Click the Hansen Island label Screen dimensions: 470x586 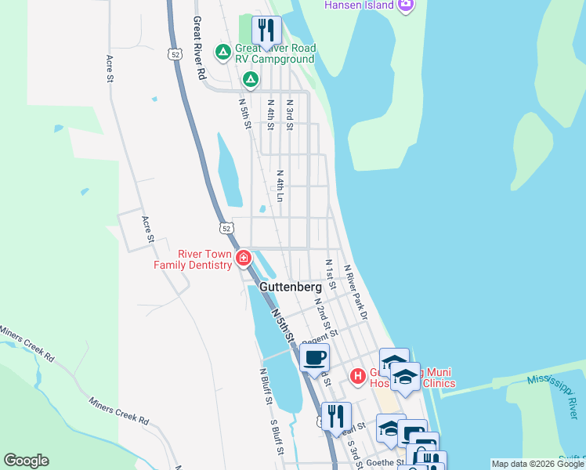click(x=359, y=5)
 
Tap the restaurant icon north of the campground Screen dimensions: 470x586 click(x=266, y=31)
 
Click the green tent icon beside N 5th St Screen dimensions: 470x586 click(x=250, y=78)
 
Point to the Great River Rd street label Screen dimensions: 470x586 click(x=199, y=49)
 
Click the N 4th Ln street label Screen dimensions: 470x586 click(x=280, y=186)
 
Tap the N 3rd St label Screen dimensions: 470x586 click(x=289, y=114)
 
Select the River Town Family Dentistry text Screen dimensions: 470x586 click(x=194, y=259)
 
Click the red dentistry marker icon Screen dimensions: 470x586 click(x=244, y=258)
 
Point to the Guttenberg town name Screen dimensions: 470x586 click(x=290, y=288)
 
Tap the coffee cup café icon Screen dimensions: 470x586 click(x=314, y=358)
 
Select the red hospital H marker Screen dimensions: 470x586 click(x=358, y=377)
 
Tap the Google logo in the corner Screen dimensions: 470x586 click(x=26, y=461)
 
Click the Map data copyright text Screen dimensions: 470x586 click(x=537, y=464)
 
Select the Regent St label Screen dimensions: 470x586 click(x=318, y=335)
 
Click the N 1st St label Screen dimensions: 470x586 click(x=330, y=276)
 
